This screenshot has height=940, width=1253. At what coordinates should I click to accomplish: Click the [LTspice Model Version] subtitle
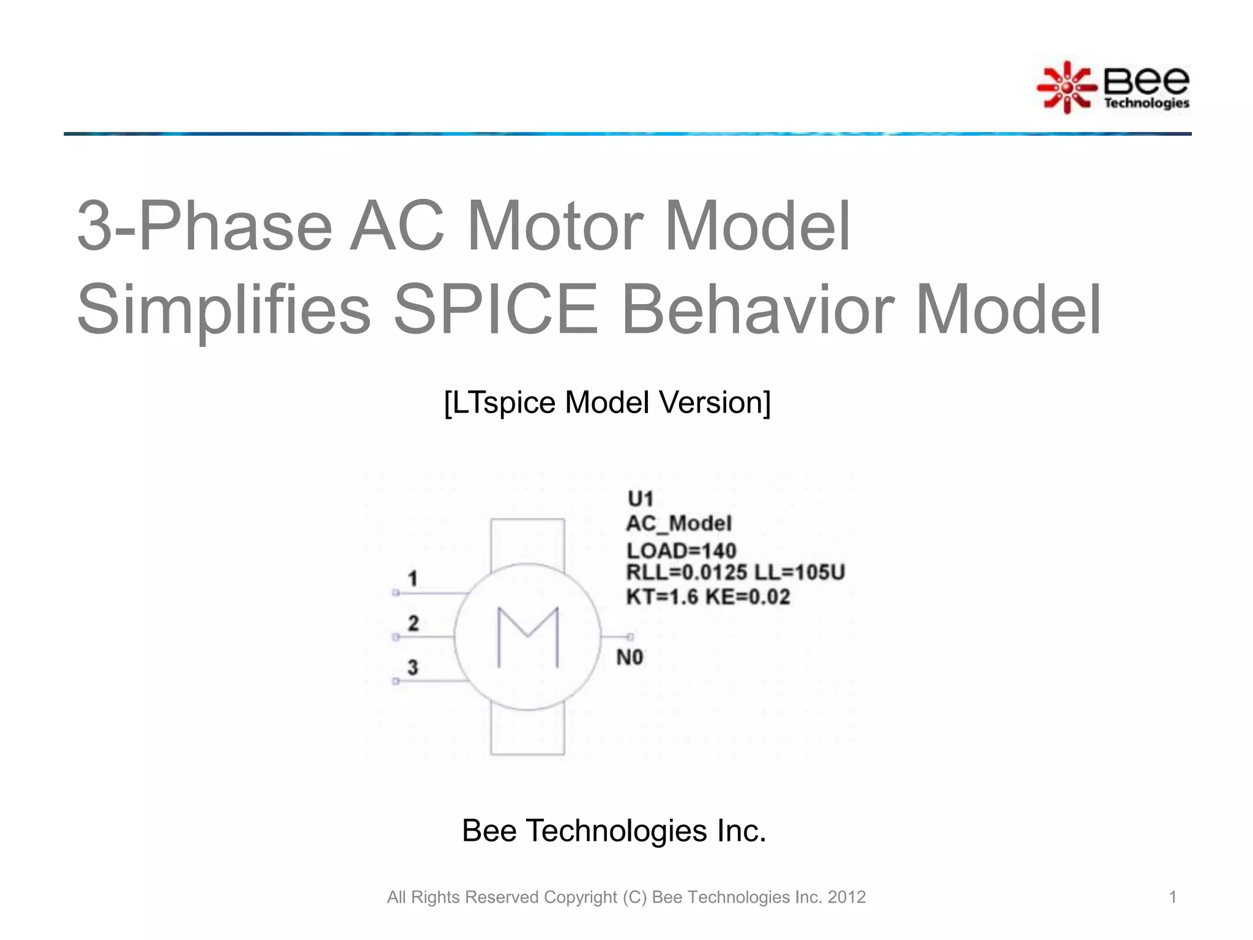pyautogui.click(x=607, y=403)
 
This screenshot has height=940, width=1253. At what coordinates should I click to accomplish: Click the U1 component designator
pyautogui.click(x=641, y=499)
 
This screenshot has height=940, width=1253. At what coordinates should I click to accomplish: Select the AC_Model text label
pyautogui.click(x=679, y=524)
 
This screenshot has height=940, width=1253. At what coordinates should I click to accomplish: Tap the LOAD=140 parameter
pyautogui.click(x=681, y=551)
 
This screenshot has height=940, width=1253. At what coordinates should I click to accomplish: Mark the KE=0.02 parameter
pyautogui.click(x=748, y=597)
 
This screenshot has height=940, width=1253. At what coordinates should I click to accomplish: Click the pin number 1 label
pyautogui.click(x=413, y=578)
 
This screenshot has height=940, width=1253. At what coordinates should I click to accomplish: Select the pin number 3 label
pyautogui.click(x=413, y=667)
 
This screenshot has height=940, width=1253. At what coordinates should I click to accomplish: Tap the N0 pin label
pyautogui.click(x=630, y=658)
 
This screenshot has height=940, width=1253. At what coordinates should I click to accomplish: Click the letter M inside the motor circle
pyautogui.click(x=528, y=637)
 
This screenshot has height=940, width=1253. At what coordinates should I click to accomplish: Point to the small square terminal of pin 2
pyautogui.click(x=396, y=637)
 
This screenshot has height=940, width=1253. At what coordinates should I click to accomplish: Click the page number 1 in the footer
pyautogui.click(x=1173, y=897)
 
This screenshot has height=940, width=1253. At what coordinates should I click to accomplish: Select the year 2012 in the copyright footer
pyautogui.click(x=847, y=897)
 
